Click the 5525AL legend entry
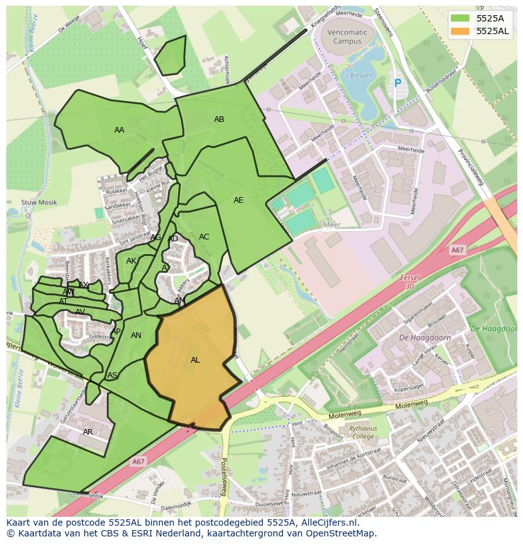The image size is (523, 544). [480, 31]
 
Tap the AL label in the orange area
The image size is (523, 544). [195, 360]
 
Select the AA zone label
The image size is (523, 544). [119, 130]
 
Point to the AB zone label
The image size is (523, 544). [219, 119]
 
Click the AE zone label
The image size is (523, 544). [238, 200]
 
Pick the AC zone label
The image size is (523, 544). [204, 237]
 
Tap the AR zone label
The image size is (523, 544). [88, 432]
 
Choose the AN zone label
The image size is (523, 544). [136, 335]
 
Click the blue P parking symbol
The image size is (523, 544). [397, 83]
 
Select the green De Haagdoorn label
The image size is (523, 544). [494, 329]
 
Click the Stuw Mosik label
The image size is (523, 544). [39, 203]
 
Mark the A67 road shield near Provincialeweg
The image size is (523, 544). [458, 251]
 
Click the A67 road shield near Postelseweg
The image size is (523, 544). [138, 462]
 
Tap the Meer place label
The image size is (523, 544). [332, 225]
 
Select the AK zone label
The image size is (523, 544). [131, 261]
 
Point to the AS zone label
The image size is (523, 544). [112, 375]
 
